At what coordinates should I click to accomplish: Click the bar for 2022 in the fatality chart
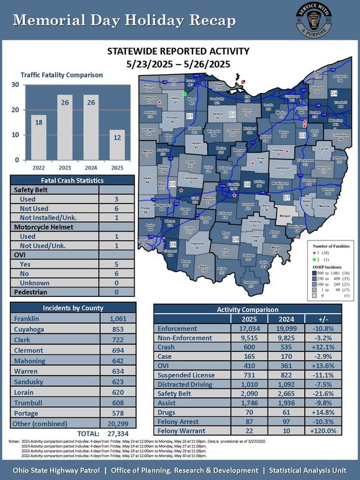pyautogui.click(x=38, y=137)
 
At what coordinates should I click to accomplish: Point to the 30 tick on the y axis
pyautogui.click(x=14, y=84)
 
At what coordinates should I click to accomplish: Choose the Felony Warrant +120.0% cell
pyautogui.click(x=326, y=430)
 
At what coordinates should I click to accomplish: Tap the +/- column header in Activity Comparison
pyautogui.click(x=326, y=319)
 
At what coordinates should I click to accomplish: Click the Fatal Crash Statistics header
pyautogui.click(x=73, y=180)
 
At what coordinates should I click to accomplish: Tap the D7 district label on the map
pyautogui.click(x=287, y=197)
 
